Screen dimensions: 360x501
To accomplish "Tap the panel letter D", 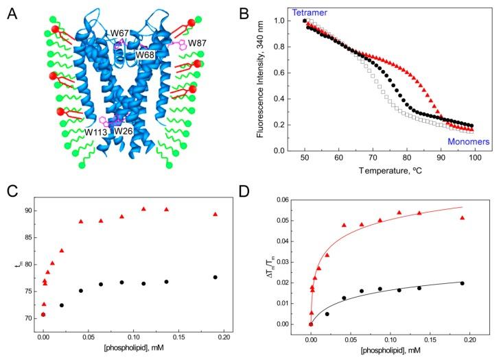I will pyautogui.click(x=262, y=191).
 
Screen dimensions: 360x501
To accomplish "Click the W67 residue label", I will pyautogui.click(x=122, y=32).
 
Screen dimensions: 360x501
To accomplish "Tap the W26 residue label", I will pyautogui.click(x=124, y=131).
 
